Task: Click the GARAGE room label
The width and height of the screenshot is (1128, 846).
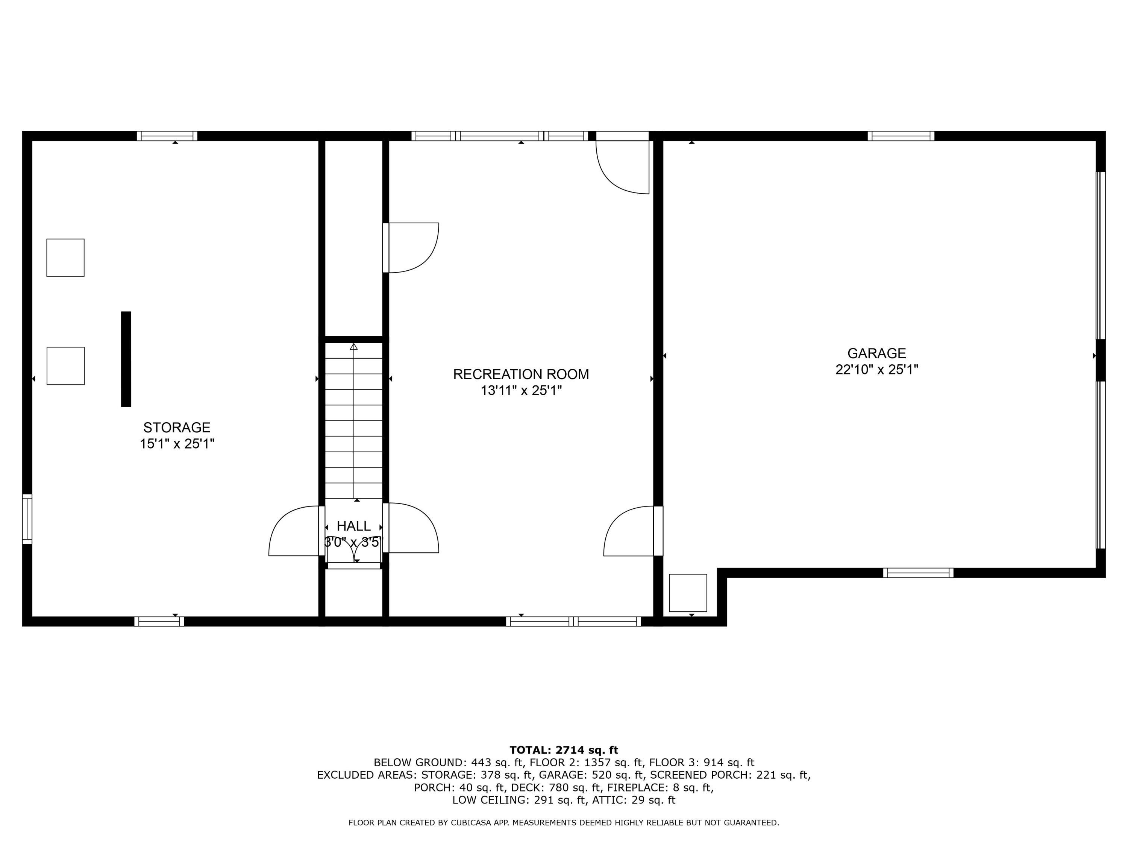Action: (x=876, y=353)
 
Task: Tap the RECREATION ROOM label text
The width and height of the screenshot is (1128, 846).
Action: (x=521, y=374)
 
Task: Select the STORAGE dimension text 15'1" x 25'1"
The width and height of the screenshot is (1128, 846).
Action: (x=177, y=444)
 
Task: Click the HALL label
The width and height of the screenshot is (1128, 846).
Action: (x=353, y=526)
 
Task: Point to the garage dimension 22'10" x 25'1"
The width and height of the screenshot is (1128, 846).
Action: (x=876, y=370)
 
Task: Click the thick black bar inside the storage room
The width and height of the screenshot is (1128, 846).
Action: (x=126, y=359)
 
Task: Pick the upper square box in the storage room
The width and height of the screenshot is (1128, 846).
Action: (x=65, y=258)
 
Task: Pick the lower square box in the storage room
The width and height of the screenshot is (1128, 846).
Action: (x=65, y=365)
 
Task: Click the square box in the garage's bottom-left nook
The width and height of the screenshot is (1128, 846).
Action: (x=687, y=593)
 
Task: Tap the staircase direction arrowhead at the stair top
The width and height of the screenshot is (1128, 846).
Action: (x=353, y=347)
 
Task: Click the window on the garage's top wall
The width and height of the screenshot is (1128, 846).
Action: (x=901, y=136)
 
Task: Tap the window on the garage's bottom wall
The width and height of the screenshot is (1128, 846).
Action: (x=918, y=573)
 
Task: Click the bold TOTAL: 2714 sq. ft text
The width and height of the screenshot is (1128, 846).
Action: (x=564, y=750)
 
